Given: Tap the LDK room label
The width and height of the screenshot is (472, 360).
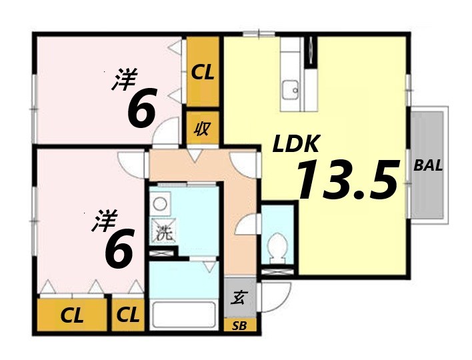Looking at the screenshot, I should click(296, 144).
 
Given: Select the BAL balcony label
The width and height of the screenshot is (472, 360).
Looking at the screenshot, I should click(428, 166).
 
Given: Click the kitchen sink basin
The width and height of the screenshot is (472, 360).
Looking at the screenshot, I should click(291, 89).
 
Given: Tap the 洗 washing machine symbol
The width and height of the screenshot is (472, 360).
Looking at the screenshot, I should click(163, 233).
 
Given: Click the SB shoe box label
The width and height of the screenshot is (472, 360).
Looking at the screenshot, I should click(238, 325).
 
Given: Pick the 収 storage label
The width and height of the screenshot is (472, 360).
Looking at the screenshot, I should click(202, 129).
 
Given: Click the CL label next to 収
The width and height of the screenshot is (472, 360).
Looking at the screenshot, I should click(203, 72).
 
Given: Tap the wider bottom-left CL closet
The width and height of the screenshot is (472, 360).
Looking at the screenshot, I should click(72, 315).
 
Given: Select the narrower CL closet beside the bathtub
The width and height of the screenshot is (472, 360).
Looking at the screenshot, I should click(128, 315).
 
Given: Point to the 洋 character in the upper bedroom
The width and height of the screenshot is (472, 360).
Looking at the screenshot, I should click(124, 81).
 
